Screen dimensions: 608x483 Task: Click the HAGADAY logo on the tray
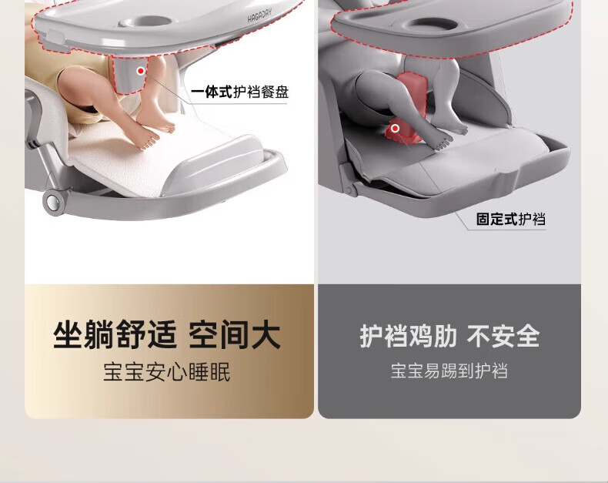pyautogui.click(x=260, y=15)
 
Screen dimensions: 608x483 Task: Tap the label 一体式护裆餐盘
pyautogui.click(x=239, y=92)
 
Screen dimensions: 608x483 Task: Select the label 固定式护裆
pyautogui.click(x=511, y=219)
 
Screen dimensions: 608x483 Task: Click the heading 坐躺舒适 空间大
pyautogui.click(x=167, y=334)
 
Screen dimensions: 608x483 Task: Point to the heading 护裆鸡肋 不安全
pyautogui.click(x=449, y=335)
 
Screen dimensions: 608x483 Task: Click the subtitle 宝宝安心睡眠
pyautogui.click(x=167, y=371)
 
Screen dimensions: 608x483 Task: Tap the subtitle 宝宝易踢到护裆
pyautogui.click(x=449, y=371)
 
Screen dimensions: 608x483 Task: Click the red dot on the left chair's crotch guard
pyautogui.click(x=141, y=71)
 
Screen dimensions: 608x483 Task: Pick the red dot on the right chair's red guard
pyautogui.click(x=395, y=128)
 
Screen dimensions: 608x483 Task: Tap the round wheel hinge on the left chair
pyautogui.click(x=53, y=201)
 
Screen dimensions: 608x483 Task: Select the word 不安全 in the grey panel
pyautogui.click(x=503, y=335)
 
